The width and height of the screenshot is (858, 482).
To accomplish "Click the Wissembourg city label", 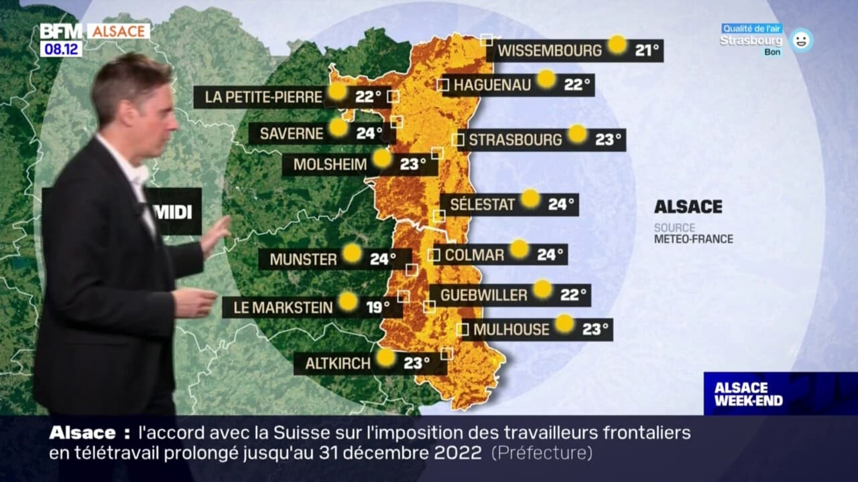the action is tap(550, 50).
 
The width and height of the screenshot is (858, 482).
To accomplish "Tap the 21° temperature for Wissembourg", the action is tap(648, 50).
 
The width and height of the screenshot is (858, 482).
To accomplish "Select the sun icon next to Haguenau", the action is tap(546, 79).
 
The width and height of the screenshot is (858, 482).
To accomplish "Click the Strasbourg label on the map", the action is tap(515, 140).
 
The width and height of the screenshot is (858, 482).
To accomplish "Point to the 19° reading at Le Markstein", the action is tap(378, 307).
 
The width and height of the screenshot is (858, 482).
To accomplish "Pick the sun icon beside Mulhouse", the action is tap(565, 323).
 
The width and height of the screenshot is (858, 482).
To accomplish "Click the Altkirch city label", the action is tap(338, 364).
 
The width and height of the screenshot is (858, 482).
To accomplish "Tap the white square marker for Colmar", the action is tap(434, 255).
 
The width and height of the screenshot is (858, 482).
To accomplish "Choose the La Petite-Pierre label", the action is tap(263, 97).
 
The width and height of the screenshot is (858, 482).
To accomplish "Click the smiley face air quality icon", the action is tap(800, 40).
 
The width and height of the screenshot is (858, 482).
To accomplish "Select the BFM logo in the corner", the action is tap(61, 31).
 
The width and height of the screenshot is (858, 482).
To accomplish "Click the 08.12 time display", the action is tap(61, 49).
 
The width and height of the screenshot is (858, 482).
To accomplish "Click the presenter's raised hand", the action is tap(216, 234).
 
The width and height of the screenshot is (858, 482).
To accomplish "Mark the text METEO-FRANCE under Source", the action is tap(693, 239).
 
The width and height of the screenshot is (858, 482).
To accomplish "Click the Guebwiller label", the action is tap(484, 295).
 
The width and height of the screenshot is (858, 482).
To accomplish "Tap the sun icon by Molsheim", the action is tap(381, 158).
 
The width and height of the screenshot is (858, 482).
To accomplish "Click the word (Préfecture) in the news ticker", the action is tap(542, 453).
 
